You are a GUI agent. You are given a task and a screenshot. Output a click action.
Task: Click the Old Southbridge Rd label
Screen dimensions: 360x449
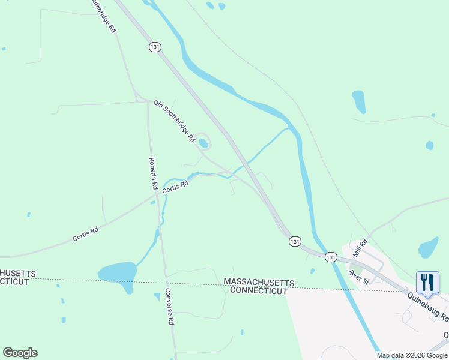point(174,121)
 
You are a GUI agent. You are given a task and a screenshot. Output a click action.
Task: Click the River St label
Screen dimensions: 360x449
point(358,276)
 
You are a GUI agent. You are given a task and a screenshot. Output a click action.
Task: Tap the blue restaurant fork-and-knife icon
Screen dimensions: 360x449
point(427,282)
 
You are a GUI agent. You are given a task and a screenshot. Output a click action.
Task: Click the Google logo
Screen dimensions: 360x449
point(20,353)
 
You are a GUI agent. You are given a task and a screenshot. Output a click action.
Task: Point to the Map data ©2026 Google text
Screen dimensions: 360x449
point(412,355)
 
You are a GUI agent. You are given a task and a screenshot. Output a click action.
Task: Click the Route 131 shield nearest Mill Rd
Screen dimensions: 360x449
point(331,257)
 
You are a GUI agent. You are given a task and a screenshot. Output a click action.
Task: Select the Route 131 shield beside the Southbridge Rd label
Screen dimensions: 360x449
point(155,47)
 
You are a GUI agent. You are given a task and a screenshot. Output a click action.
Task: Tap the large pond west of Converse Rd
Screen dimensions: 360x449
point(118,273)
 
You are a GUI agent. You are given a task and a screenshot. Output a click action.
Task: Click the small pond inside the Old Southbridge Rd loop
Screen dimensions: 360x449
point(203,143)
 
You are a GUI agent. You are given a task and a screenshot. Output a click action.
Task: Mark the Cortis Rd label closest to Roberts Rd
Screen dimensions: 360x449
point(175,187)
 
